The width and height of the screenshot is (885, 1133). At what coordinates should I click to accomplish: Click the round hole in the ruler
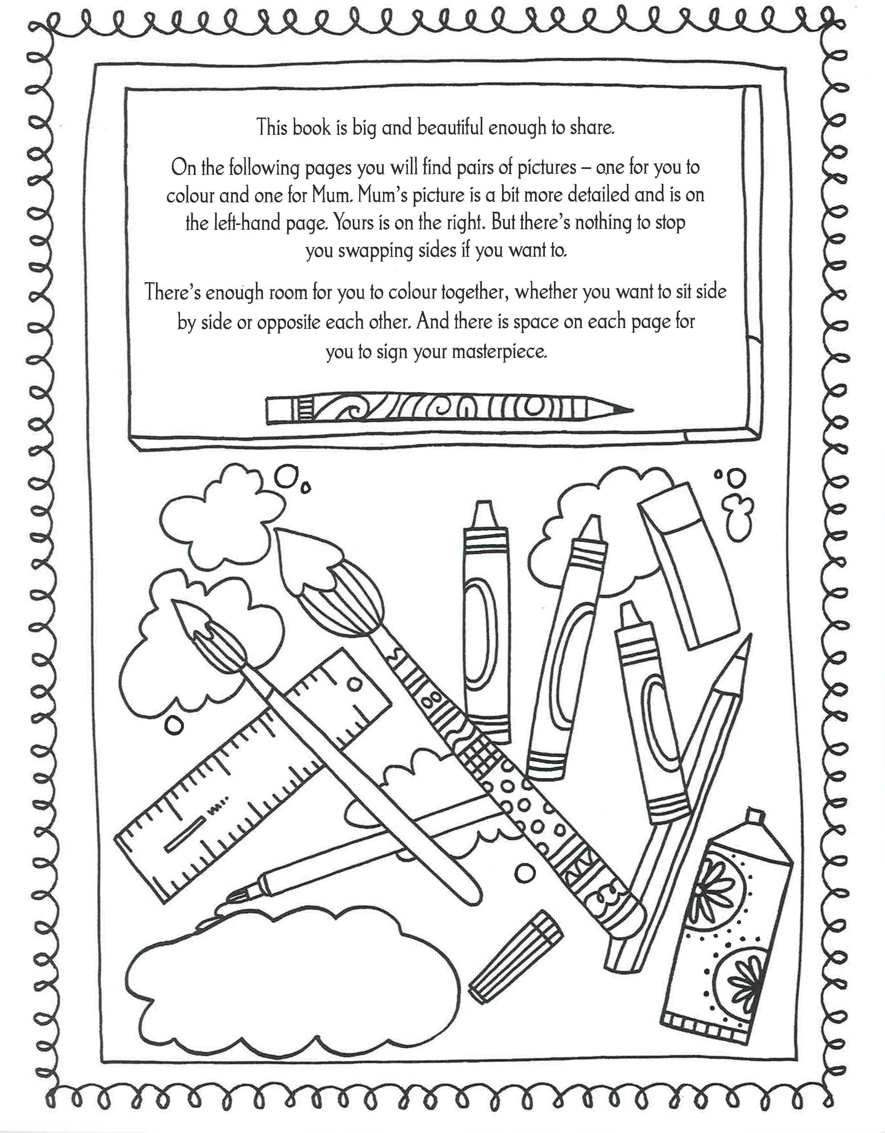click(355, 685)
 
